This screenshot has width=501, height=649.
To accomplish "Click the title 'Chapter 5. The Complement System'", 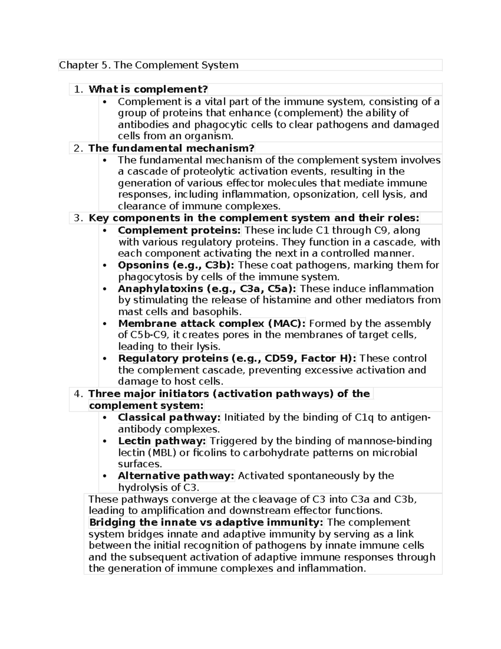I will [x=149, y=65].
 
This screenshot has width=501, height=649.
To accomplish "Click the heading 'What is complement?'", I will [x=148, y=89].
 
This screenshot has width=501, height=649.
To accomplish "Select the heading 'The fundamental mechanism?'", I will [x=171, y=148].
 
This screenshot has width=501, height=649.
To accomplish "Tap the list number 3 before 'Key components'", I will [x=77, y=218].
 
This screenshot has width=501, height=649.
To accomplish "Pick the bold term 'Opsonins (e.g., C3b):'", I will [x=176, y=265].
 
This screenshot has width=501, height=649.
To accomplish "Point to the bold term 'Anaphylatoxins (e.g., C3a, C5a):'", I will [x=207, y=289].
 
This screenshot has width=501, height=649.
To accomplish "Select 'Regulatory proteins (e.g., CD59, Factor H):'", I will [x=237, y=359].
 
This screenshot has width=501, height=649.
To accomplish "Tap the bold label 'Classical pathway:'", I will [x=169, y=417].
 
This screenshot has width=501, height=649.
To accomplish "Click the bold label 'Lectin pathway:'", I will [x=162, y=441].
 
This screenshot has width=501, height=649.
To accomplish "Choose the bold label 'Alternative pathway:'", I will [x=176, y=476].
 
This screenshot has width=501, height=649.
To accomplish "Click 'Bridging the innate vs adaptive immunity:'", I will [x=206, y=522].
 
